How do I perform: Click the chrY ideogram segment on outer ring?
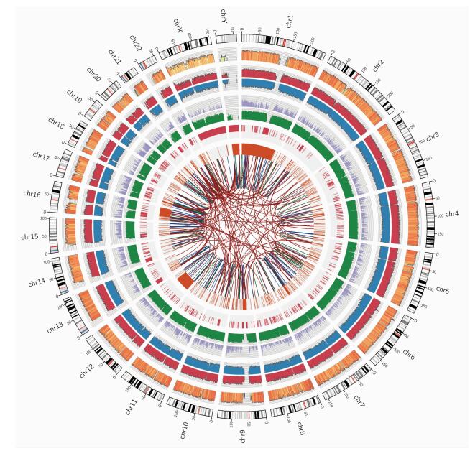pyautogui.click(x=226, y=38)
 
